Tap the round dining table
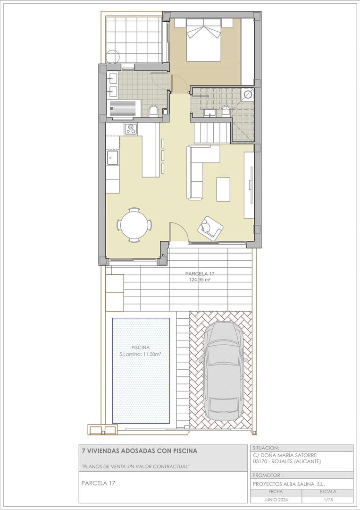pos(135,225)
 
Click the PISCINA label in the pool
pos(141,348)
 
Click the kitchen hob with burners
pos(131,128)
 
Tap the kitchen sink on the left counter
pos(112,157)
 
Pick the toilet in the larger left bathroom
pos(153,111)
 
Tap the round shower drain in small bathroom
pos(248,94)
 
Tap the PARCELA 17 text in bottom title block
pos(98,483)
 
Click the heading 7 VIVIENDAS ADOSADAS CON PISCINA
pos(139,451)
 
